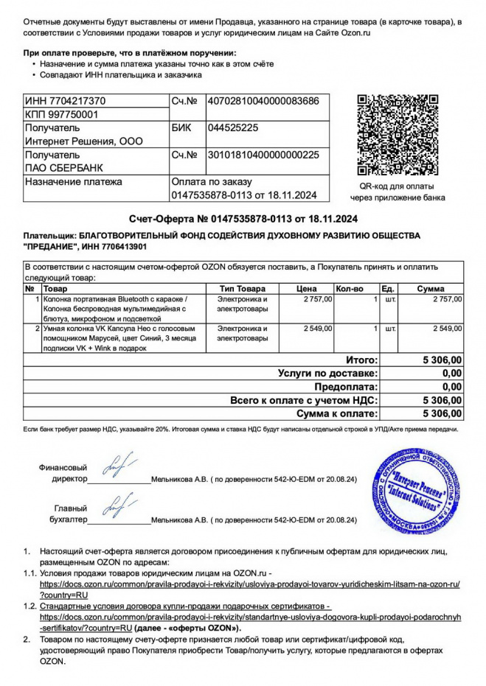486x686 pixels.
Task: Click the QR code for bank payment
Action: pyautogui.click(x=398, y=134)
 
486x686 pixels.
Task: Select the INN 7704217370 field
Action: pyautogui.click(x=66, y=101)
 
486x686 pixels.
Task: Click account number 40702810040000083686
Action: pyautogui.click(x=263, y=101)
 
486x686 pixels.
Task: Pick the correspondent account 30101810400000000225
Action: pyautogui.click(x=263, y=155)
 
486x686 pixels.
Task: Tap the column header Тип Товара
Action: pyautogui.click(x=241, y=289)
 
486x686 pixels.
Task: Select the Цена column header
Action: pyautogui.click(x=305, y=289)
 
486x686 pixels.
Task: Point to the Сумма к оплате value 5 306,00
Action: pyautogui.click(x=441, y=413)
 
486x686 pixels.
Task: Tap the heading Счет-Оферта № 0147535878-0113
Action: pyautogui.click(x=243, y=218)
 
